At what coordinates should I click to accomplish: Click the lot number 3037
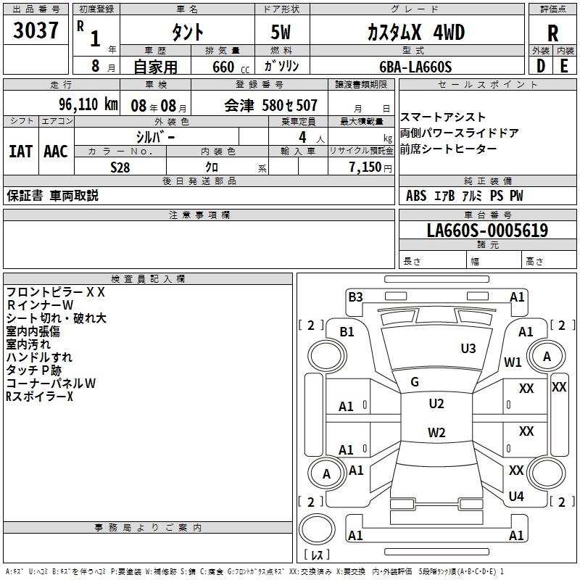click(36, 30)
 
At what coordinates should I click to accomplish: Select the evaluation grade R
click(552, 33)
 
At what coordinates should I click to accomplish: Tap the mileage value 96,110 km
click(88, 104)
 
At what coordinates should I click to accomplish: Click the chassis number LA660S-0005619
click(487, 231)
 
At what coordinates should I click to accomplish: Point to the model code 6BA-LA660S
click(415, 67)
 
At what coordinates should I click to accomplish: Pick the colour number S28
click(120, 167)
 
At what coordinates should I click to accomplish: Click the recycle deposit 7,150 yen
click(370, 167)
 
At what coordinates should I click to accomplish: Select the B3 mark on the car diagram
click(355, 297)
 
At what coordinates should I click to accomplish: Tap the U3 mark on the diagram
click(468, 349)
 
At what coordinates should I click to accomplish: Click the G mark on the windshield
click(415, 382)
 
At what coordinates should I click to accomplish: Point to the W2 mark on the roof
click(436, 432)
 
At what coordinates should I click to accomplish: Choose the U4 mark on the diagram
click(516, 497)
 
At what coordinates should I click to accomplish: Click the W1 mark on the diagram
click(513, 362)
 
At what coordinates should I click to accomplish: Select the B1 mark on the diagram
click(347, 332)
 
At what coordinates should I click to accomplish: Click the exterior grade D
click(540, 66)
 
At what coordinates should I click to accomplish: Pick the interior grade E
click(564, 66)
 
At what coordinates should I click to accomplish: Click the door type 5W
click(281, 32)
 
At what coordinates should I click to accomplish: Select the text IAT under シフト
click(21, 152)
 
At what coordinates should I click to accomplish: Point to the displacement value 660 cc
click(231, 67)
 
